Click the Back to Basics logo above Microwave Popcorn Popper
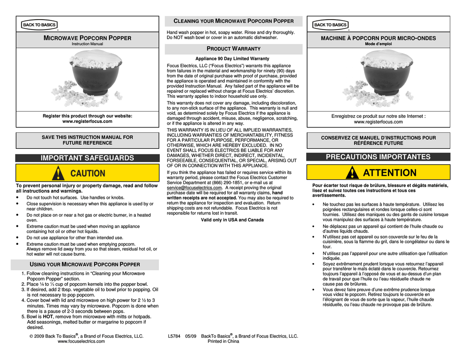point(39,25)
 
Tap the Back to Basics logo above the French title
point(330,25)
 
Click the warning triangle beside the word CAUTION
point(58,173)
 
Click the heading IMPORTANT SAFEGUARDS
point(87,158)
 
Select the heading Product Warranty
point(233,49)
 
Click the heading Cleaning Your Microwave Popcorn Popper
point(234,21)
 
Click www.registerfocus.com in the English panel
point(87,122)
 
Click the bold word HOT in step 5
point(48,317)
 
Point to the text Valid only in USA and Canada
point(232,220)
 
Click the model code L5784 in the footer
point(174,336)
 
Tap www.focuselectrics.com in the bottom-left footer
point(81,341)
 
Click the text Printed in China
point(223,341)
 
